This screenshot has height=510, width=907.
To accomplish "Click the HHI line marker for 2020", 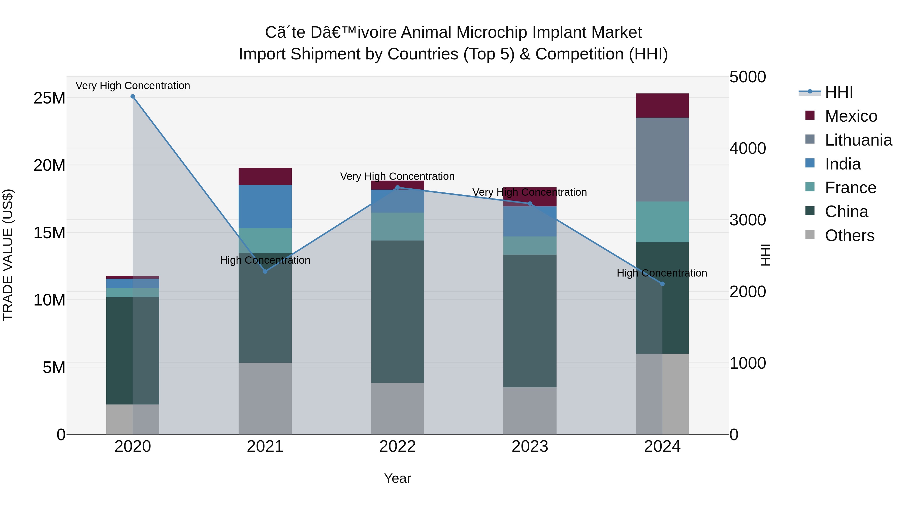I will (x=133, y=96).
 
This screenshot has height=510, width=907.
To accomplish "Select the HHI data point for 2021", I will (x=265, y=271).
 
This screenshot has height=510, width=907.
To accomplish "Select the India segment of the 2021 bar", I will (x=265, y=207).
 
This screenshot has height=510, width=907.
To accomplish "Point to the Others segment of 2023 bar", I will (x=530, y=411).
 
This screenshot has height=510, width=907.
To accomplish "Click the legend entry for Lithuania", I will (x=858, y=140).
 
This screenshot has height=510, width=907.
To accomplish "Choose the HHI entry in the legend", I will (x=839, y=92).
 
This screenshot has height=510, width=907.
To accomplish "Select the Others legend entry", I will (x=849, y=235).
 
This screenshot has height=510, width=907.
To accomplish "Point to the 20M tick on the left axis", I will (x=49, y=165).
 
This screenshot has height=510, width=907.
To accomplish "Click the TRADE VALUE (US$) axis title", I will (x=8, y=255).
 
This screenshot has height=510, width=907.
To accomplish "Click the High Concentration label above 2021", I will (x=265, y=260).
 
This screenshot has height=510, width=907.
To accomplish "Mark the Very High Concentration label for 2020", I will (x=133, y=86).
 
